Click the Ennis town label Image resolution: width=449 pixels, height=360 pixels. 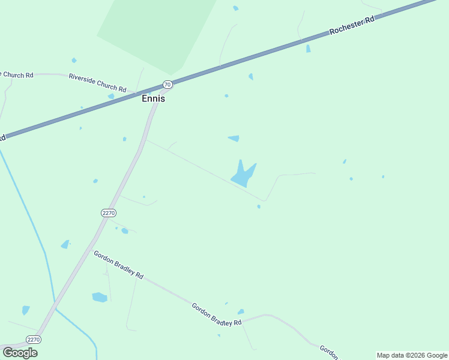153,99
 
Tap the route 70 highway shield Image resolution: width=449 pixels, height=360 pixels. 167,85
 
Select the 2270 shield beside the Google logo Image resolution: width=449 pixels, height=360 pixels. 34,340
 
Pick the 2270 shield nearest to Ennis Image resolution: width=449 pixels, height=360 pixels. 108,213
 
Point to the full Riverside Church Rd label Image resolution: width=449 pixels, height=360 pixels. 97,83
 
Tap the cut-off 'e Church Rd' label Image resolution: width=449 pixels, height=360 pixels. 17,75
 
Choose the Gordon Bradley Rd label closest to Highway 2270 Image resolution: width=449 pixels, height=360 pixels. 118,264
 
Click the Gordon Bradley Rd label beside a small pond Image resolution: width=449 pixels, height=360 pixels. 216,314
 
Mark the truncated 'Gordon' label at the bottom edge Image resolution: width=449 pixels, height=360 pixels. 328,350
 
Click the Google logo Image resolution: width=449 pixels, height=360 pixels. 20,352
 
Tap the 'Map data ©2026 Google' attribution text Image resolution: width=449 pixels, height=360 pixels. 412,355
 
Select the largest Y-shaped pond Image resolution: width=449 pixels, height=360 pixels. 243,175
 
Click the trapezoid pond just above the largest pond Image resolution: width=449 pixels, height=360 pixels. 234,139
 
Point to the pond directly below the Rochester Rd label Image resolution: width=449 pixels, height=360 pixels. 309,49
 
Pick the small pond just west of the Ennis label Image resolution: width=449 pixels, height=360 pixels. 111,96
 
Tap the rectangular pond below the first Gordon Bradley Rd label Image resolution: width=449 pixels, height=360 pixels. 100,297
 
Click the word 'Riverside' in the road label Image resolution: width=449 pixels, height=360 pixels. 83,79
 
